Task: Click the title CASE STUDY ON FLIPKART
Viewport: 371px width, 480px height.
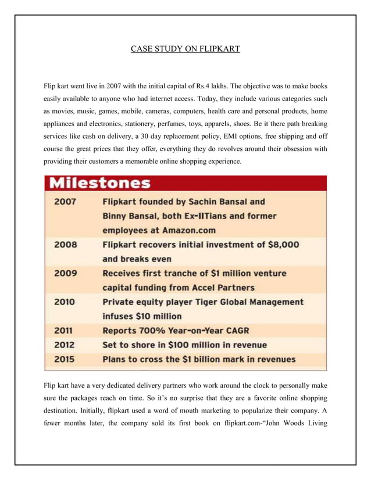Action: [x=185, y=48]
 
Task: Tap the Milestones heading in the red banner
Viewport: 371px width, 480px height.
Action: [x=99, y=184]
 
